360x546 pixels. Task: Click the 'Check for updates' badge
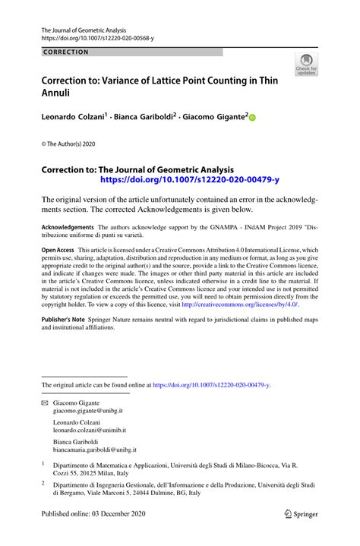[306, 65]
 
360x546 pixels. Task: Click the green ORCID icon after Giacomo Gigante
[252, 118]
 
